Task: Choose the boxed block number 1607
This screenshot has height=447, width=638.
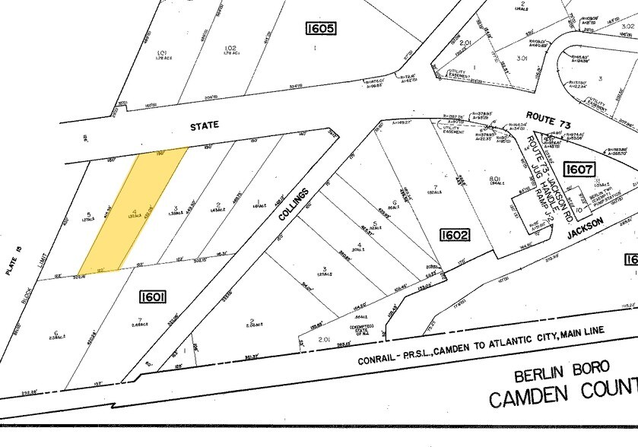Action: point(580,170)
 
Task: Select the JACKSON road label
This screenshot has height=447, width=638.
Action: point(584,228)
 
